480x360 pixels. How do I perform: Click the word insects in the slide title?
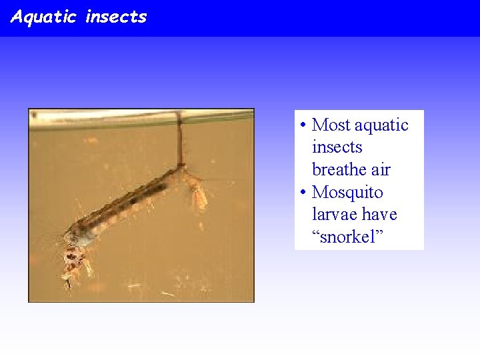pos(116,17)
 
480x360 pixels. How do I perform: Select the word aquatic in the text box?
pos(381,125)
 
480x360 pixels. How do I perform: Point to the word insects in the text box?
pos(337,147)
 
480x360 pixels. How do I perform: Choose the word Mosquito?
pos(347,193)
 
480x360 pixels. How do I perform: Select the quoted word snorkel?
pos(347,237)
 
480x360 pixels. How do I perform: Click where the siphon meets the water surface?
pos(178,117)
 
